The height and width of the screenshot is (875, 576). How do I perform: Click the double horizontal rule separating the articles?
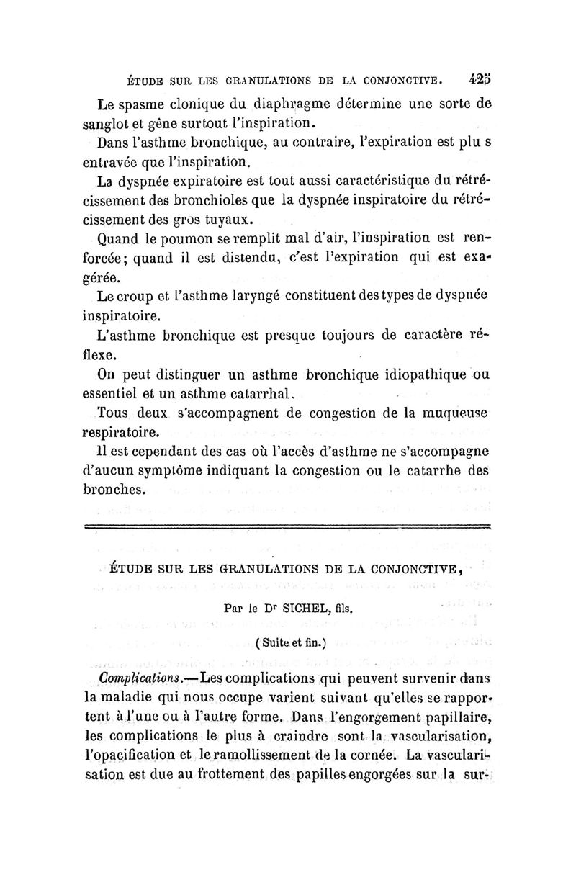pyautogui.click(x=287, y=528)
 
